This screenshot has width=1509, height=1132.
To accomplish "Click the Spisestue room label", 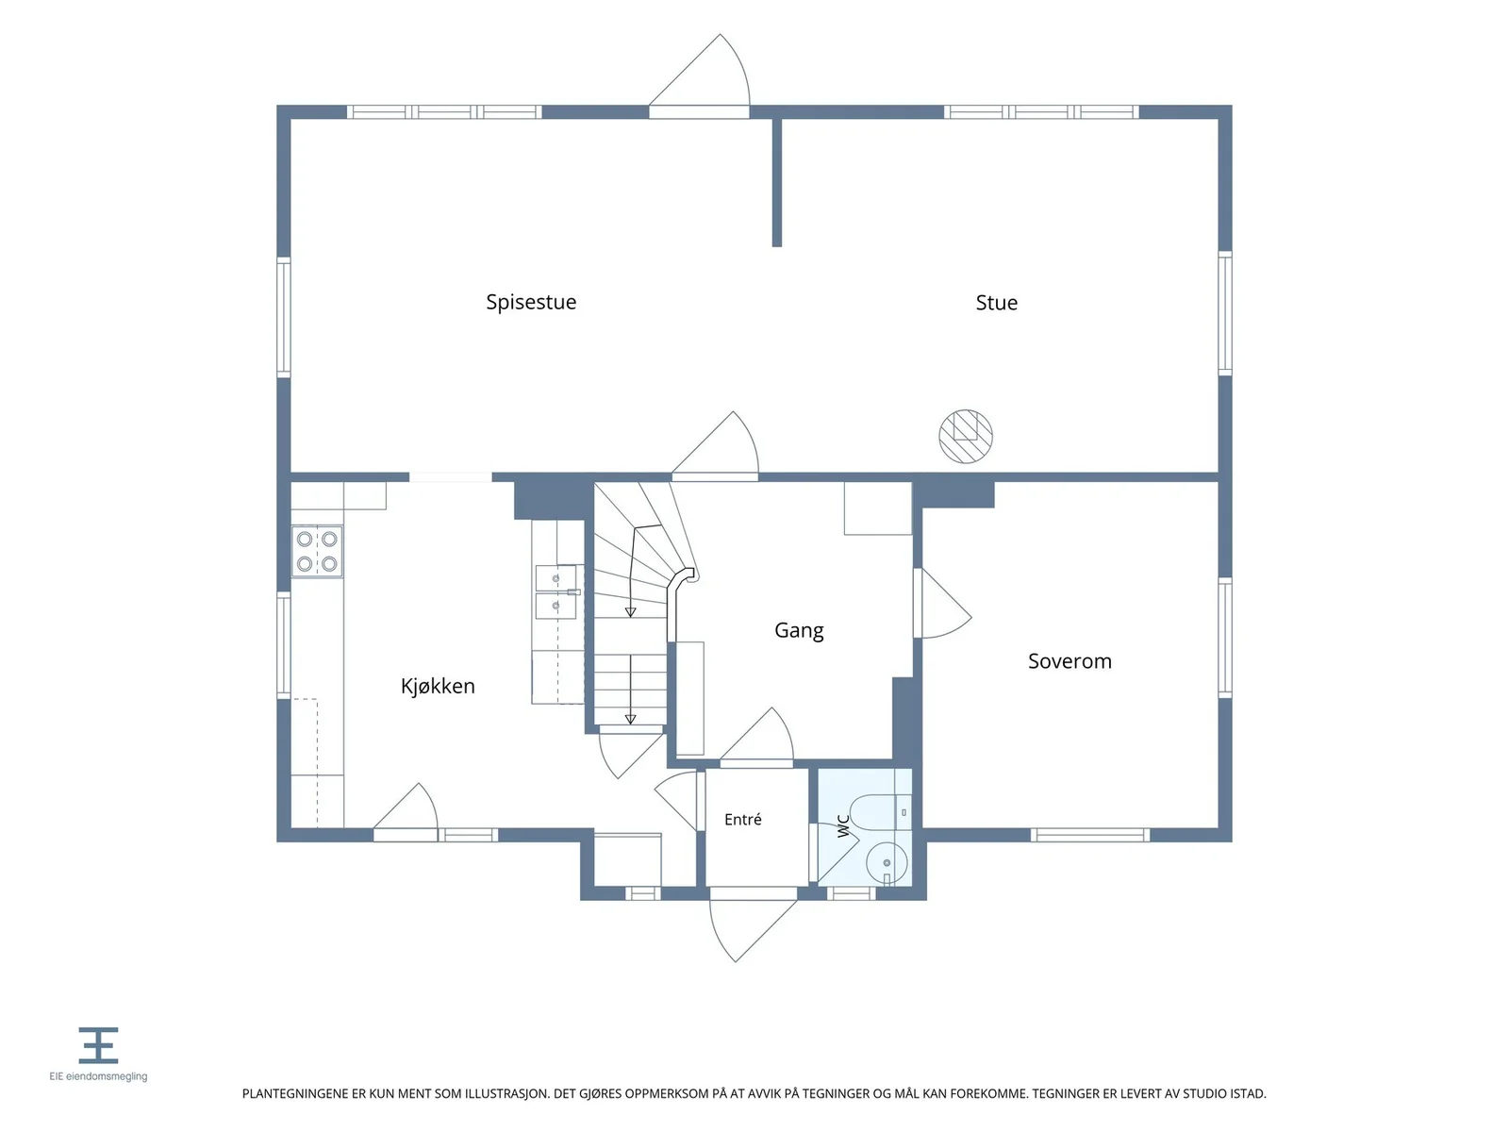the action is click(x=531, y=303).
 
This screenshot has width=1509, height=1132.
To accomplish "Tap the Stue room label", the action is click(x=996, y=303).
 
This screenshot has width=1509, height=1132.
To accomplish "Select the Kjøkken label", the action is click(x=438, y=686).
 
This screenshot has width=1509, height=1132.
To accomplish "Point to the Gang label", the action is click(x=798, y=631).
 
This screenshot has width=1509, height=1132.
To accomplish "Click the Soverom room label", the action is click(x=1069, y=661).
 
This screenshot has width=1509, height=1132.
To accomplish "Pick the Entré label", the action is click(x=742, y=819).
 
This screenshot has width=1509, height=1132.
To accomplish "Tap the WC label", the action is click(x=843, y=826).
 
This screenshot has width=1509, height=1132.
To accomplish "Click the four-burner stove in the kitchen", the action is click(x=317, y=551).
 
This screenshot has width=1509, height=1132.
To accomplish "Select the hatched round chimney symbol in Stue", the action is click(x=965, y=437).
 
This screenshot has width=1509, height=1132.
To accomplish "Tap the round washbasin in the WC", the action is click(x=887, y=863).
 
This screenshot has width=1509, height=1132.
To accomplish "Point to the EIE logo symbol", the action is click(x=98, y=1045).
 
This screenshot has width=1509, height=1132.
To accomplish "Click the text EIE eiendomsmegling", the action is click(x=98, y=1076).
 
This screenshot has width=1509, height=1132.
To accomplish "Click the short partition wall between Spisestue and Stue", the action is click(x=777, y=182).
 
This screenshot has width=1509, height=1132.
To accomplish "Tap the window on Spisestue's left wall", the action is click(x=283, y=318).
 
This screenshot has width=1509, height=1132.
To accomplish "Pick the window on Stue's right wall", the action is click(x=1224, y=313).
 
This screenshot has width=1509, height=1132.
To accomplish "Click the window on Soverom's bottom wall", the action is click(x=1089, y=835).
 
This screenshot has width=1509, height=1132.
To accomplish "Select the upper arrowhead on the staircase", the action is click(x=630, y=612).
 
